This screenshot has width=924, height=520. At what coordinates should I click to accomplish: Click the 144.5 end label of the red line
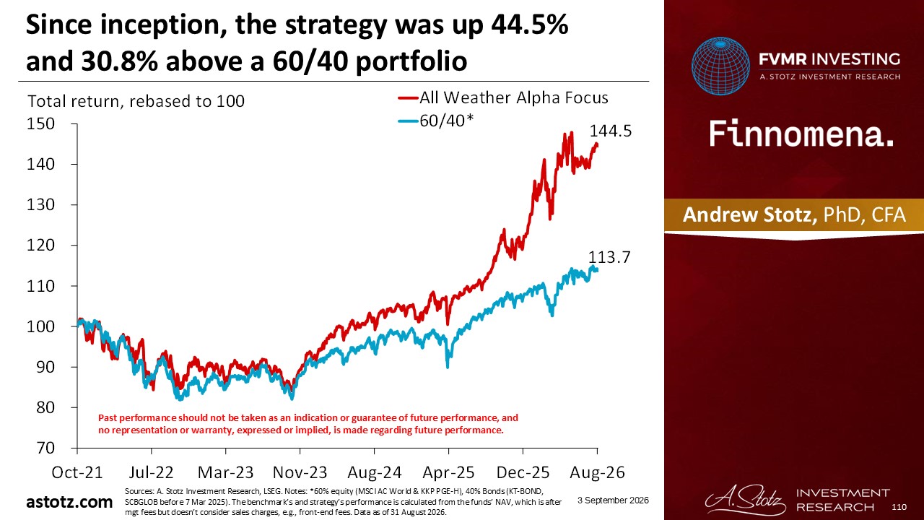click(x=611, y=131)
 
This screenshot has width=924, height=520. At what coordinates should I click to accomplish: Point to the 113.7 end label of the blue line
click(x=609, y=257)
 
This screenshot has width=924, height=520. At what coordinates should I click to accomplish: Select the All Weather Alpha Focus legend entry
click(x=503, y=97)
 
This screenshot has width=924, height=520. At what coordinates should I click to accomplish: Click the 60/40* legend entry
click(x=436, y=121)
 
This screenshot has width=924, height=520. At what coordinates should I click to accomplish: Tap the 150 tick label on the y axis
click(x=40, y=123)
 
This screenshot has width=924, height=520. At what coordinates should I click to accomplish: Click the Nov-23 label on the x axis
click(x=300, y=472)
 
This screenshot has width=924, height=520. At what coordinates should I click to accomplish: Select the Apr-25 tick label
click(x=448, y=472)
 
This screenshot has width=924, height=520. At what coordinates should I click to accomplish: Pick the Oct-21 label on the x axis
click(x=77, y=472)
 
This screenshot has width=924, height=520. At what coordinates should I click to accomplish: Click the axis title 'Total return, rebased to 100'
click(x=136, y=101)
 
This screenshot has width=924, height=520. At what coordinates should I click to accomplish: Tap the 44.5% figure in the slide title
click(x=529, y=25)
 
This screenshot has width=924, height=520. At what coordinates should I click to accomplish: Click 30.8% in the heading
click(x=120, y=61)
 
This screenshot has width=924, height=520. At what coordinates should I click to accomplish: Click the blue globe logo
click(x=720, y=66)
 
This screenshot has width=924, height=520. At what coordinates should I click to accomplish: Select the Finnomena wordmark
click(x=801, y=134)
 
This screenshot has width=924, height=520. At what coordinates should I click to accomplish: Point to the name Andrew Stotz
click(x=749, y=214)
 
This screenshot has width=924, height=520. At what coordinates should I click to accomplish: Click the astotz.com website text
click(x=69, y=502)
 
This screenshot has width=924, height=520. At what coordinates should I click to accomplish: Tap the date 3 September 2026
click(x=613, y=500)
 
